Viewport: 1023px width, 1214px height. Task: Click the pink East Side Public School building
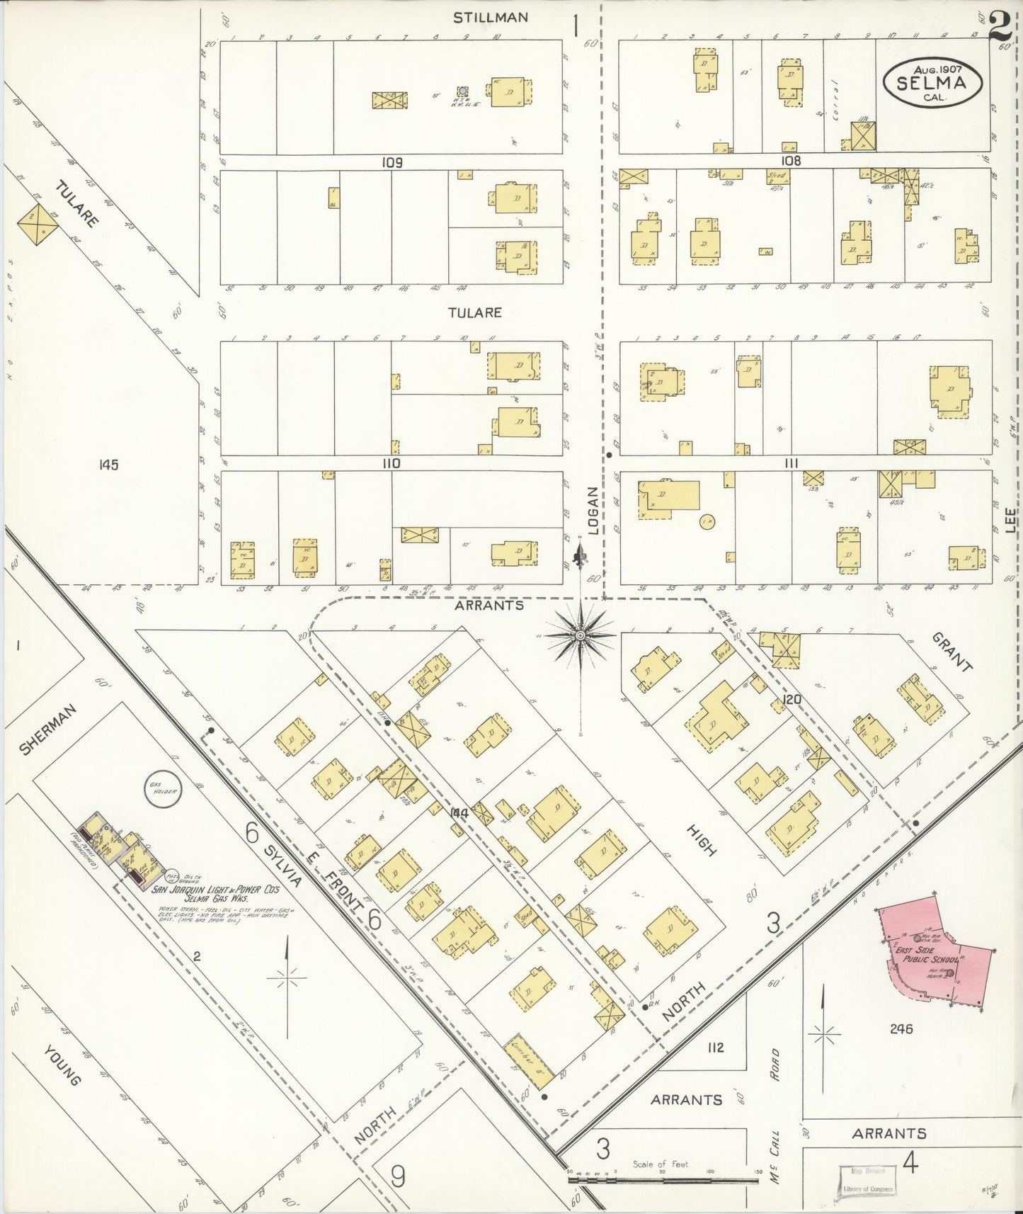[935, 953]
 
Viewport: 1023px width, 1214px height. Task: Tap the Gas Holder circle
[161, 790]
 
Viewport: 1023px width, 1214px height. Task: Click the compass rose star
[581, 635]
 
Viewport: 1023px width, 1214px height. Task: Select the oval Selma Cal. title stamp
[932, 82]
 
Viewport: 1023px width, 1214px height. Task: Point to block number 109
[392, 162]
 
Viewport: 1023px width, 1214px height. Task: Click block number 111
[791, 463]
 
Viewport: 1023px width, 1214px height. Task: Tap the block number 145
[109, 465]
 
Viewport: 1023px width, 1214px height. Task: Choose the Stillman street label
[490, 17]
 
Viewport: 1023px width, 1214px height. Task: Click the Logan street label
[593, 510]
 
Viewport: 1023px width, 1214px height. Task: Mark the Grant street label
[951, 651]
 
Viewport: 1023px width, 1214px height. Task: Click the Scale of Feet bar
[664, 1180]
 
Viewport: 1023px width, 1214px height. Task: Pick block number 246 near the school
[902, 1028]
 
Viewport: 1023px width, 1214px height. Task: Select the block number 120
[791, 700]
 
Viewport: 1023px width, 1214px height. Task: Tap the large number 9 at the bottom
[399, 1178]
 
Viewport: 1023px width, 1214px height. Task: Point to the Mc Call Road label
[775, 1112]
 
